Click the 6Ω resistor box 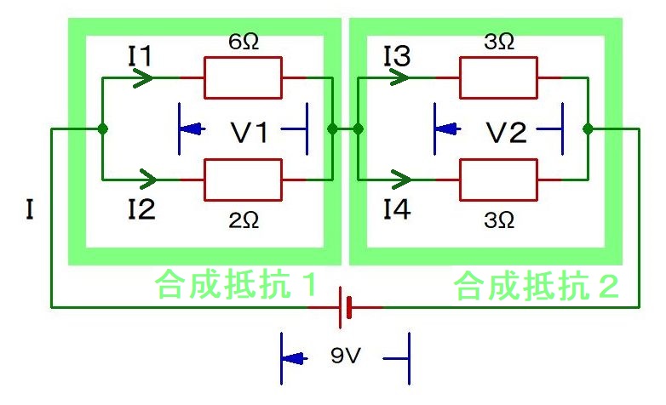[x=242, y=77]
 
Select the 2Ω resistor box [x=242, y=180]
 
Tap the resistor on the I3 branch [x=498, y=77]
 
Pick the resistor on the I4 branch [x=498, y=180]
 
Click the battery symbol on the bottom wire [x=346, y=306]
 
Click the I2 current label [x=140, y=208]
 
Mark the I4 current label [x=397, y=208]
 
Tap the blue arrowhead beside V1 [x=193, y=130]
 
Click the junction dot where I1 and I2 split [x=102, y=129]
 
